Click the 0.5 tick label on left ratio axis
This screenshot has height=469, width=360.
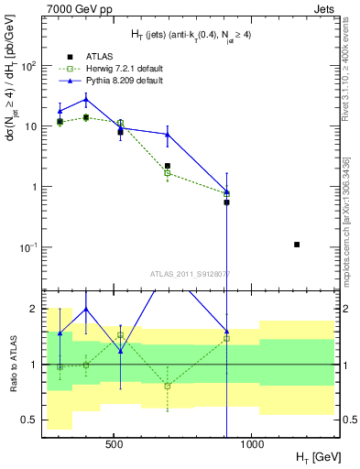coord(30,420)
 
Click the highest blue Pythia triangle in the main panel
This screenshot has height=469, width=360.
coord(86,99)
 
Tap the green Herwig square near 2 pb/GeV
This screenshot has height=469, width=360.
coord(167,172)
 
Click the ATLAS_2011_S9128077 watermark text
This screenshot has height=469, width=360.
coord(190,272)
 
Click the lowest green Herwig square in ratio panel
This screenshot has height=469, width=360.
coord(167,386)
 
